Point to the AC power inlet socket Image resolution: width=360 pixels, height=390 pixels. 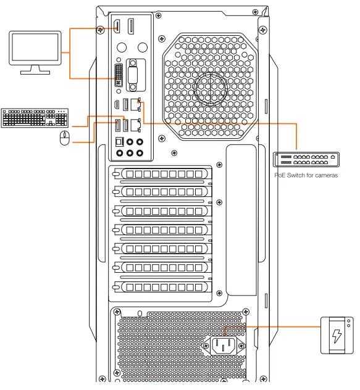coord(225,346)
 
